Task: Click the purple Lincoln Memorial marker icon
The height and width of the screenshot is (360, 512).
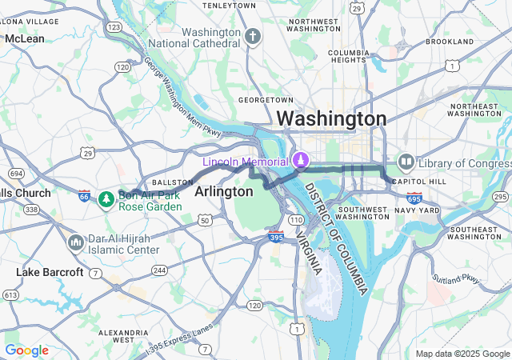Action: [299, 161]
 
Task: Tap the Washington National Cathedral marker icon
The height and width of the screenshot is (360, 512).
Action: [254, 37]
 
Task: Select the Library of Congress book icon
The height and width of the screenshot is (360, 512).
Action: [406, 163]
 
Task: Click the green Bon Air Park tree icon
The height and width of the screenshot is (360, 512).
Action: [106, 198]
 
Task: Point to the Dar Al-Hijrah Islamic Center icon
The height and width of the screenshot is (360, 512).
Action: [76, 242]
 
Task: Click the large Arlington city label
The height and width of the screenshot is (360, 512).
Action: [224, 192]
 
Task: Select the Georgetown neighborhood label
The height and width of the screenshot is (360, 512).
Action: [267, 99]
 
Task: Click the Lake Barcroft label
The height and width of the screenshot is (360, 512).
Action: [50, 272]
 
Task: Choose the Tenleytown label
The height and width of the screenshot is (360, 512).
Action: [229, 6]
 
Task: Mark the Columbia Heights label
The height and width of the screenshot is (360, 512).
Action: [348, 58]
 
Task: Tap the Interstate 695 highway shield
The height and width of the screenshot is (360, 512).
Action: [414, 198]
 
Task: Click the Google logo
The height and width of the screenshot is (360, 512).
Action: [27, 350]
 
